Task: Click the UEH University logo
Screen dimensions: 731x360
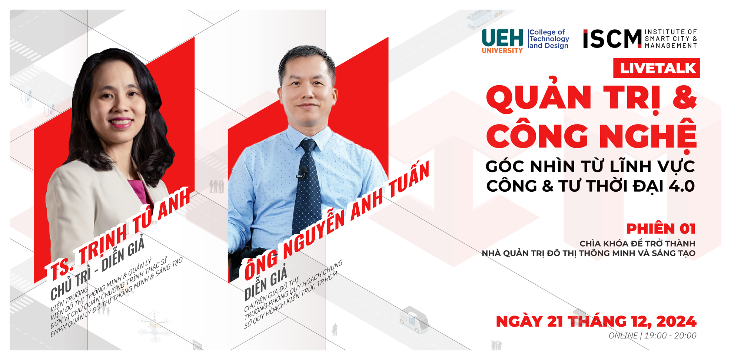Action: [502, 41]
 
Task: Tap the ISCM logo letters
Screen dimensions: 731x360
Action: [612, 39]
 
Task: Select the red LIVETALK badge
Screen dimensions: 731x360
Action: [657, 68]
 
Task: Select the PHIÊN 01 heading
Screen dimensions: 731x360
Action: [661, 229]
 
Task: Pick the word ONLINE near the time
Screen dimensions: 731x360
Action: [623, 336]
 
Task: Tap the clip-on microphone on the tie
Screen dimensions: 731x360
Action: [302, 172]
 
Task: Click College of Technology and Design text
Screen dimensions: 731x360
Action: [549, 39]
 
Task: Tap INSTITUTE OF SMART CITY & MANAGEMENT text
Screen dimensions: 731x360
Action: [671, 39]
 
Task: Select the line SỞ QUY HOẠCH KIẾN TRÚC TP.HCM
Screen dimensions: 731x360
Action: [291, 301]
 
